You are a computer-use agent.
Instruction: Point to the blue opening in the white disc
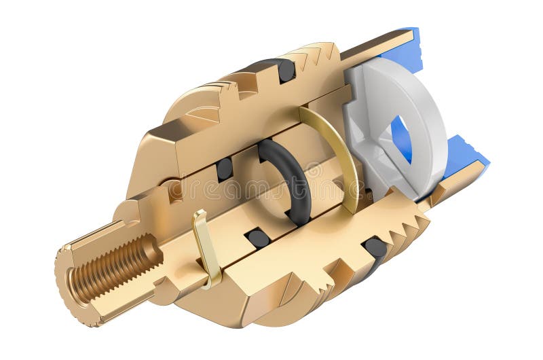pos(401,139)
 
